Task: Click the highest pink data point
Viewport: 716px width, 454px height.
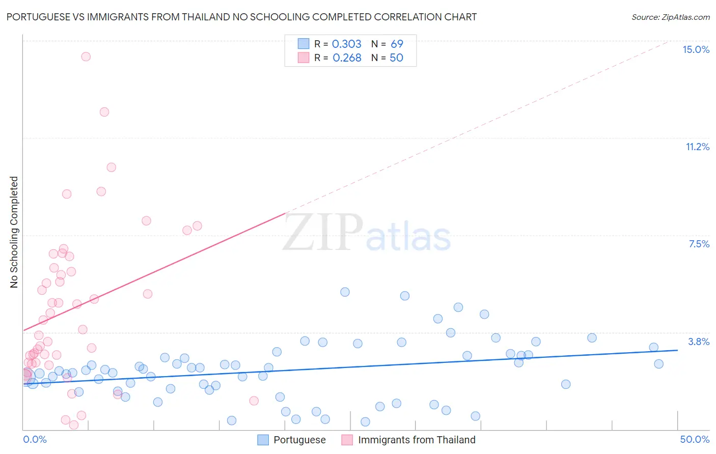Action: point(86,56)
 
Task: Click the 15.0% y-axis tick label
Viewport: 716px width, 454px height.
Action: point(696,49)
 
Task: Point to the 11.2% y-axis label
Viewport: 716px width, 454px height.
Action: point(697,147)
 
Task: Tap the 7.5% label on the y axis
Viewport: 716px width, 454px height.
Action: point(699,244)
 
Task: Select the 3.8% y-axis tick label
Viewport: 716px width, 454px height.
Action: point(699,342)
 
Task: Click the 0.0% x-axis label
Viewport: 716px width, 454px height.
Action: point(35,439)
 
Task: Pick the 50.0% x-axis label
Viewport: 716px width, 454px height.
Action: point(695,439)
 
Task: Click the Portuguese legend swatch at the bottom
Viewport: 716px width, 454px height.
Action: point(263,440)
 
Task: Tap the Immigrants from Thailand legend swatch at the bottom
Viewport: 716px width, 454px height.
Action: point(347,440)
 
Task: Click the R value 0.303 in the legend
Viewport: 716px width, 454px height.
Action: point(346,44)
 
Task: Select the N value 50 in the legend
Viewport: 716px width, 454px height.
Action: point(396,58)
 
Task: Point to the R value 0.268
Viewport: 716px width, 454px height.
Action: point(347,58)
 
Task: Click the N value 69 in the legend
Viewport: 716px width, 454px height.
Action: point(397,44)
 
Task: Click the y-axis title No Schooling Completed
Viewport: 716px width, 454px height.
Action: point(14,232)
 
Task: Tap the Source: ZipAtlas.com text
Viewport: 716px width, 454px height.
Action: point(670,17)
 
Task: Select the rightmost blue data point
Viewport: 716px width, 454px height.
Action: point(658,363)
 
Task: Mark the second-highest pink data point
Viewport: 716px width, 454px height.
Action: point(104,112)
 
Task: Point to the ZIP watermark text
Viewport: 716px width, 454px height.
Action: point(323,233)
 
